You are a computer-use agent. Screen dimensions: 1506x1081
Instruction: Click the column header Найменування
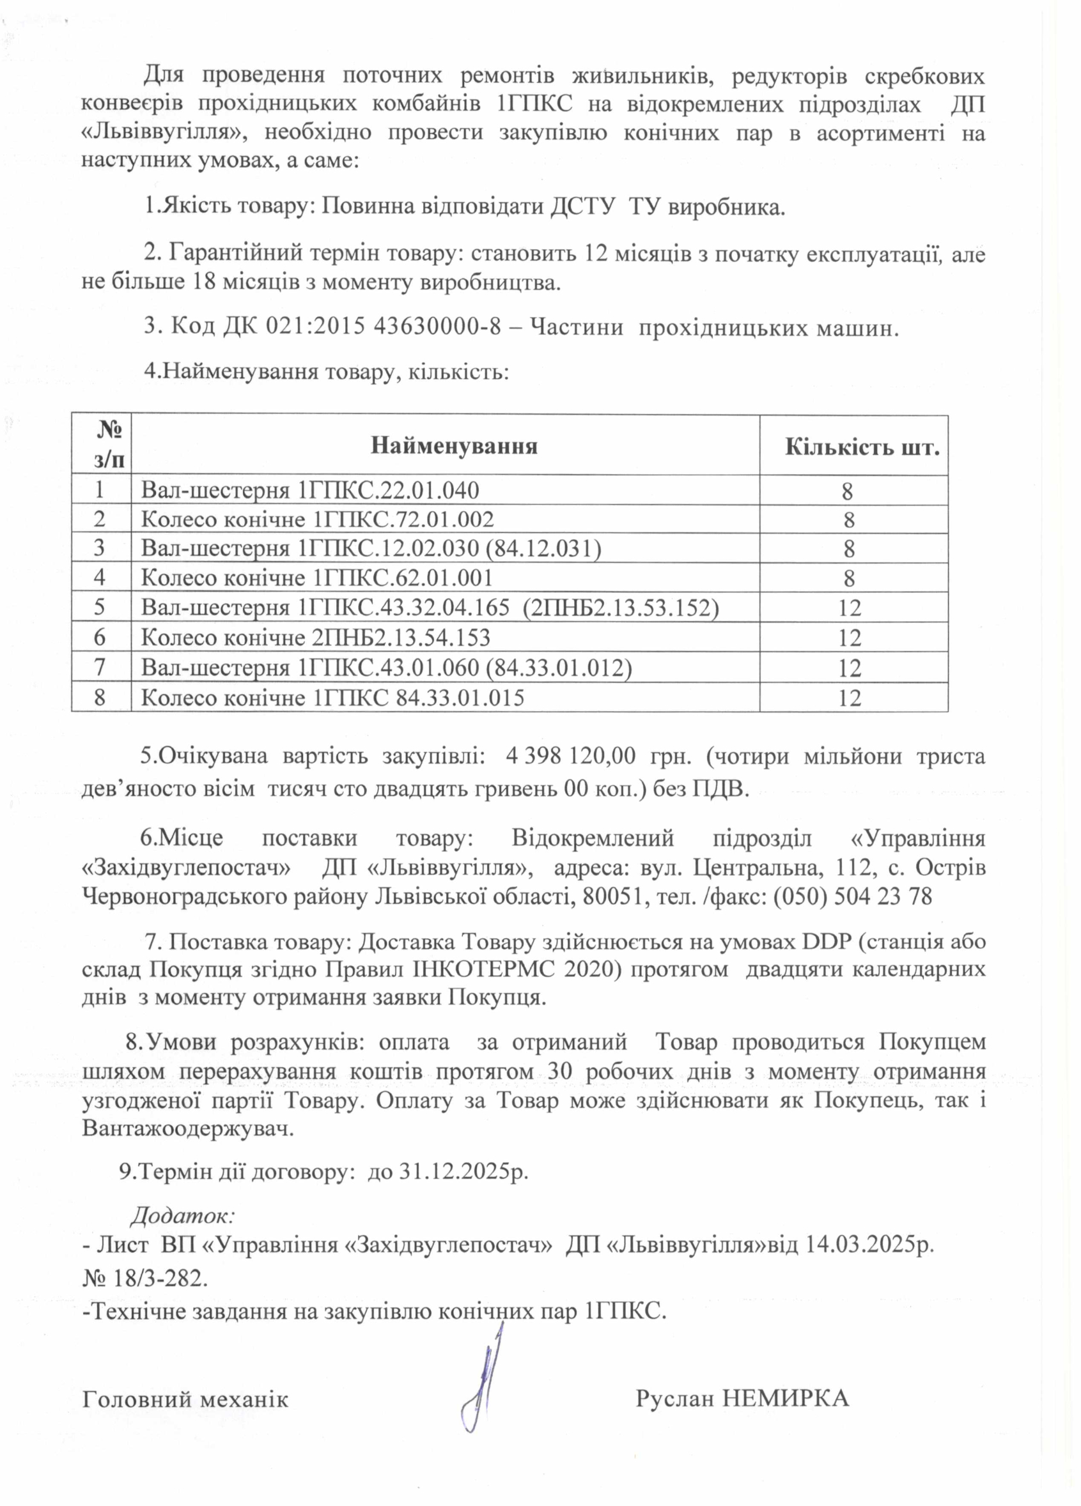(x=454, y=445)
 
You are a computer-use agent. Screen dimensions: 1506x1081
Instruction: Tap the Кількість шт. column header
(x=862, y=447)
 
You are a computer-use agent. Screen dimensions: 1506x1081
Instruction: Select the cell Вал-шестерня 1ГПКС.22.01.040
(x=309, y=491)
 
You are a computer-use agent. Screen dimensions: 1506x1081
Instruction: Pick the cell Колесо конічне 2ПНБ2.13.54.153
(x=316, y=638)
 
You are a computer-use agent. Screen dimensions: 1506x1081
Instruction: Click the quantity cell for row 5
(x=850, y=608)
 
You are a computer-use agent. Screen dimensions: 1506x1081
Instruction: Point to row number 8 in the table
(x=100, y=697)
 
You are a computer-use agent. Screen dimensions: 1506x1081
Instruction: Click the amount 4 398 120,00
(x=570, y=756)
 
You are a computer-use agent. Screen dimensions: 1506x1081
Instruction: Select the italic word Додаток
(x=182, y=1215)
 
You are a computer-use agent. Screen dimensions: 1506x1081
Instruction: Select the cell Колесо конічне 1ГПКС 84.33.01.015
(x=332, y=697)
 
